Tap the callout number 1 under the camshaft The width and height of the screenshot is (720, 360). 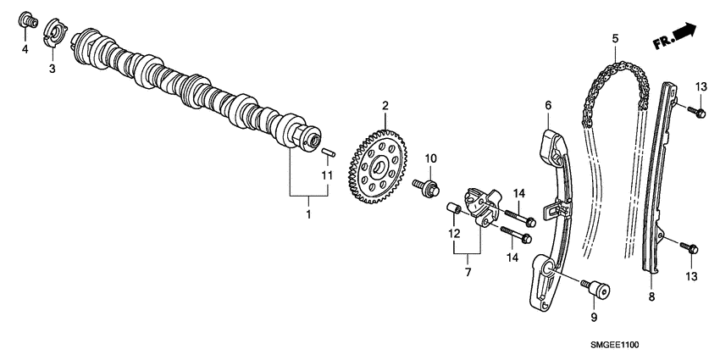coord(308,215)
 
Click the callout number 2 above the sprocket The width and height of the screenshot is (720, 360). coord(385,106)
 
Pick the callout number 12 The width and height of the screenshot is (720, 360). coord(453,234)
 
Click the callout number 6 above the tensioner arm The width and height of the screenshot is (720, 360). coord(548,105)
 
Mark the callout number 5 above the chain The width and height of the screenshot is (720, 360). coord(615,38)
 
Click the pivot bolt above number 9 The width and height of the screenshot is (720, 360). coord(596,290)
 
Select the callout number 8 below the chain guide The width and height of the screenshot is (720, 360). coord(651,296)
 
